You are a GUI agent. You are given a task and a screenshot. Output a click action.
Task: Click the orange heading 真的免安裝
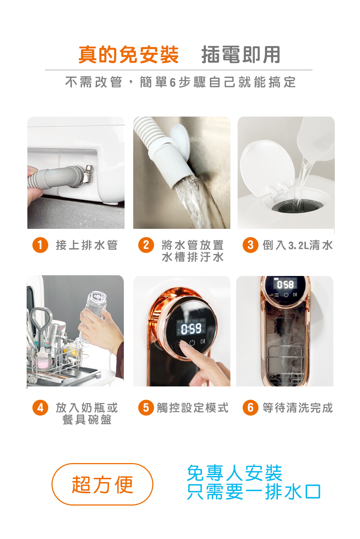click(x=129, y=55)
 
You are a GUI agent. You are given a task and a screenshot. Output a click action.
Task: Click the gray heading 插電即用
click(x=240, y=55)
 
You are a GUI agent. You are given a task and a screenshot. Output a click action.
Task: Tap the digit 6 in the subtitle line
click(x=172, y=82)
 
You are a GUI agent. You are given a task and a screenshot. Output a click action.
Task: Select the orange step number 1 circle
click(x=40, y=245)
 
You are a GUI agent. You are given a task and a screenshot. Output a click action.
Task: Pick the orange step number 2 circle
click(x=146, y=245)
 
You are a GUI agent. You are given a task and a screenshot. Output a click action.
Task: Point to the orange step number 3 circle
click(x=251, y=245)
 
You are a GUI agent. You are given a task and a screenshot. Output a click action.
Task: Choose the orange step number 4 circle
click(x=40, y=408)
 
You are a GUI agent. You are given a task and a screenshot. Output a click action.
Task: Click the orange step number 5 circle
click(x=146, y=408)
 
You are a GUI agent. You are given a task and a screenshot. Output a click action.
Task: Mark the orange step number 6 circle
click(x=251, y=408)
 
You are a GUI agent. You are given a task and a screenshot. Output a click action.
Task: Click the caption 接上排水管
click(x=86, y=245)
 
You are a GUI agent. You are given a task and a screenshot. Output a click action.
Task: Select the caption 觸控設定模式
click(x=193, y=408)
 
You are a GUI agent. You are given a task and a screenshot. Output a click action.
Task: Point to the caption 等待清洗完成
click(x=297, y=408)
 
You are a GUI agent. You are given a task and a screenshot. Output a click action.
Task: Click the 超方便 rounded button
click(x=103, y=484)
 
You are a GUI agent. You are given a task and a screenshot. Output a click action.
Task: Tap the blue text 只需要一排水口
click(x=253, y=492)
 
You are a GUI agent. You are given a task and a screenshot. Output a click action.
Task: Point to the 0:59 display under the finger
click(x=191, y=328)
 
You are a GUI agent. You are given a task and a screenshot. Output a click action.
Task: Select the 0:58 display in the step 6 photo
click(x=285, y=285)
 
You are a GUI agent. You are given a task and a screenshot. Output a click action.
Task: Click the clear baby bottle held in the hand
click(x=94, y=306)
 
